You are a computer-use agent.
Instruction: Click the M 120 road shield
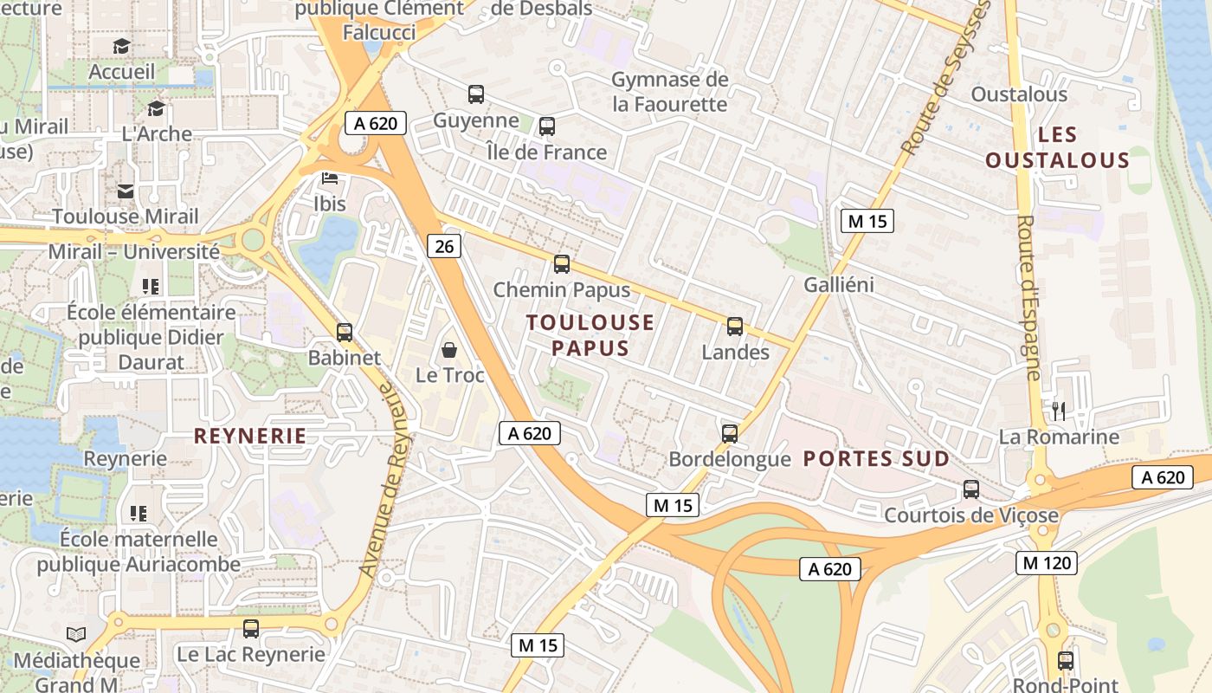1047,563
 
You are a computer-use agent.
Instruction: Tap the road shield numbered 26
444,247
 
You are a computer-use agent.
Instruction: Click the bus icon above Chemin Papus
562,264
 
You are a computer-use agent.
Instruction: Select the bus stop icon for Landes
735,327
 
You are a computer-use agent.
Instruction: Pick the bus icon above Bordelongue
730,433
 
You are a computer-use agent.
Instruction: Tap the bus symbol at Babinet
345,332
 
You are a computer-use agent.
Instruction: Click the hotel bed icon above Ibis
330,178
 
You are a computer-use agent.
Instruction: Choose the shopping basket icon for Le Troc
449,350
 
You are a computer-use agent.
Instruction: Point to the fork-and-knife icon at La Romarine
1058,411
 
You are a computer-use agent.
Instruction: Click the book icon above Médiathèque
76,635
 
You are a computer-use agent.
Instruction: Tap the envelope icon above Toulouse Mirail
126,191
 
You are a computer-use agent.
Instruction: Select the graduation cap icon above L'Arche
156,108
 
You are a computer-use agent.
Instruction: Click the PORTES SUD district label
876,459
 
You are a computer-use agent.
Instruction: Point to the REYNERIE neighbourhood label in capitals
250,436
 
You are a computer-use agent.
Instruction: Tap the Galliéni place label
839,285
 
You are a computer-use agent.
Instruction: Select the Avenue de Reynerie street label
384,481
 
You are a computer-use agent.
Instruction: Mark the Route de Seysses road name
944,82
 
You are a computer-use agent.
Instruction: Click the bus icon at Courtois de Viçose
971,489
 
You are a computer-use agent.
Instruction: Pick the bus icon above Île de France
546,126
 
